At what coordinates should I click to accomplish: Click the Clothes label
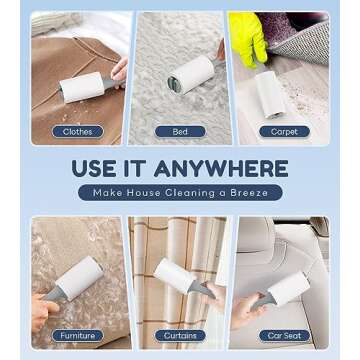click(77, 131)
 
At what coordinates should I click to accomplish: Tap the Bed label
click(179, 131)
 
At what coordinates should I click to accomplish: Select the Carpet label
click(278, 131)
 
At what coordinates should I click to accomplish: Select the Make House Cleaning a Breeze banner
click(180, 192)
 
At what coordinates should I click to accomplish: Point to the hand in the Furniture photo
click(40, 310)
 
